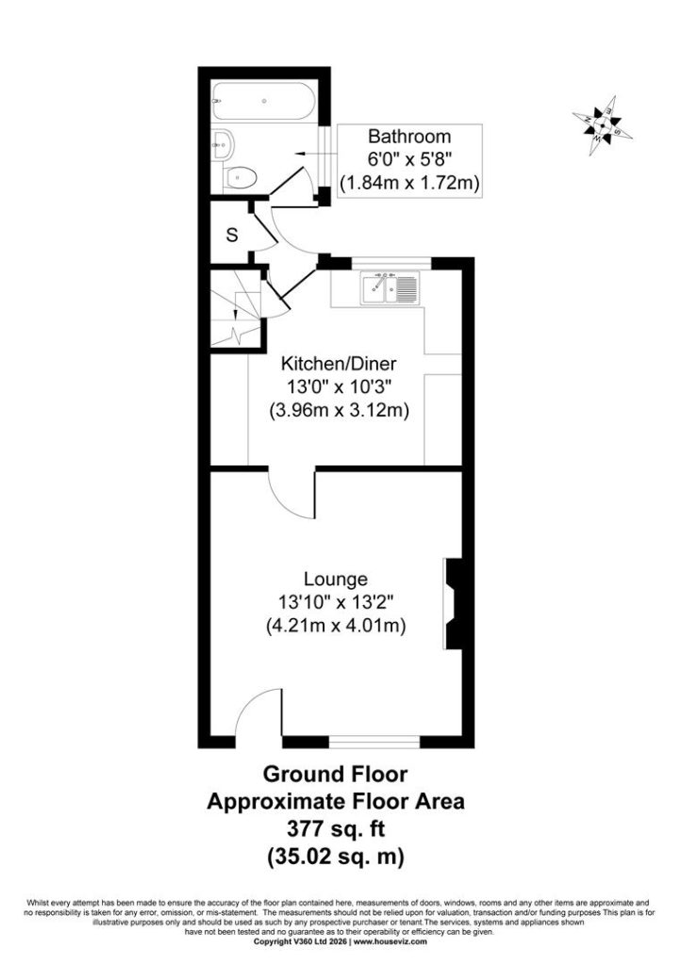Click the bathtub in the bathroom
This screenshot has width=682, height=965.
pos(264,101)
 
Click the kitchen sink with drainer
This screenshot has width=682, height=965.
pos(391,289)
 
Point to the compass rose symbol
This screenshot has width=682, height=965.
pos(602,125)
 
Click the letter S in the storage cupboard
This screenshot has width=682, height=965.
pos(232,235)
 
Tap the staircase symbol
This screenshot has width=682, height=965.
pos(236,308)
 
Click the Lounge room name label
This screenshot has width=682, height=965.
pos(336,580)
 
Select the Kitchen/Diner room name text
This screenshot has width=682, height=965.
pos(339,363)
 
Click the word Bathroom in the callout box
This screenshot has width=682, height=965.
pos(409,136)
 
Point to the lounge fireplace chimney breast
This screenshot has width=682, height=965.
pos(454,604)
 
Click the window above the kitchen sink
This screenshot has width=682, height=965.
pos(391,264)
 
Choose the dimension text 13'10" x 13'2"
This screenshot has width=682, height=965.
pos(335,602)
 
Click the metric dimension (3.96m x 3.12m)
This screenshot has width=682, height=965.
pos(340,411)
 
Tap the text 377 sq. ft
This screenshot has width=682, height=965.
pos(336,829)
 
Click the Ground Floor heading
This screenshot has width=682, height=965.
pos(336,775)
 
